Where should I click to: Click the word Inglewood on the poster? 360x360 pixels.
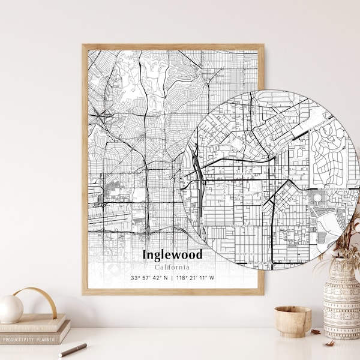click(173, 254)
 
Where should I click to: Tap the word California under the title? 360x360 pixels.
click(172, 267)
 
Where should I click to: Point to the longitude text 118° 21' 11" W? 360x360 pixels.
click(195, 278)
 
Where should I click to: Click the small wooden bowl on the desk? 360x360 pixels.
click(293, 322)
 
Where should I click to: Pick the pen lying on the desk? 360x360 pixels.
click(73, 350)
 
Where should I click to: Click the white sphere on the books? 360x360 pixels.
click(11, 309)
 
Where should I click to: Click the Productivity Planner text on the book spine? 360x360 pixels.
click(29, 340)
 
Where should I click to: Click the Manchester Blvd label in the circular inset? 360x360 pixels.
click(329, 190)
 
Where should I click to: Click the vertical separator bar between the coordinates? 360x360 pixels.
click(172, 278)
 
